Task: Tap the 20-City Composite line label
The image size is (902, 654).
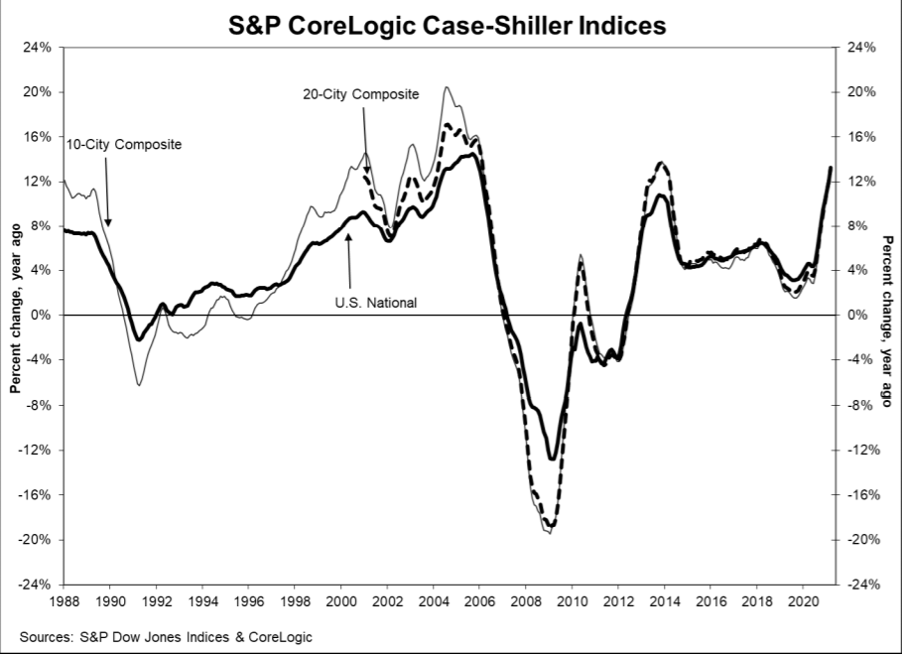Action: [x=360, y=94]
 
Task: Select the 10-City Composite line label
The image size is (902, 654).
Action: [x=124, y=145]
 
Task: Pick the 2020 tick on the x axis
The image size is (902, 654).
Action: [x=804, y=601]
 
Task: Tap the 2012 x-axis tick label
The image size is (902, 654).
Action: [x=618, y=601]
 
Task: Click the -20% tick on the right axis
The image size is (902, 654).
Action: [x=862, y=540]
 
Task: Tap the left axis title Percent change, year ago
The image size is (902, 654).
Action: [x=17, y=316]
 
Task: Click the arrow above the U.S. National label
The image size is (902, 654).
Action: [x=348, y=263]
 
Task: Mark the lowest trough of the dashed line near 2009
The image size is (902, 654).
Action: [x=551, y=527]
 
